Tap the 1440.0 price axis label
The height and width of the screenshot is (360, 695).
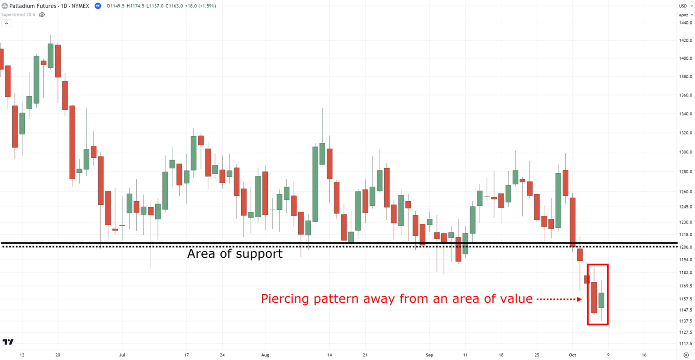click(x=685, y=23)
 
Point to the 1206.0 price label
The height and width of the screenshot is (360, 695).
click(x=685, y=247)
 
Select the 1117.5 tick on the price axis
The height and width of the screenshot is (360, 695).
click(x=685, y=344)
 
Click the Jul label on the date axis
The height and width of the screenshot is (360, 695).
click(x=122, y=355)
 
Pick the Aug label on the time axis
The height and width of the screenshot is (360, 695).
click(x=265, y=355)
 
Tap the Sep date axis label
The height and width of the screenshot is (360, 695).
click(x=429, y=355)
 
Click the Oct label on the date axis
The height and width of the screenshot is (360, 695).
click(x=572, y=355)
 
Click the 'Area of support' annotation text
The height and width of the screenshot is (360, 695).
click(x=235, y=254)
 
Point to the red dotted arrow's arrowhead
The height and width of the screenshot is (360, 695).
click(x=579, y=299)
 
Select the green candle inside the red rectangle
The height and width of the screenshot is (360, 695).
click(x=601, y=300)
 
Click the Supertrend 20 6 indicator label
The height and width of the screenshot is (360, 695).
click(x=18, y=14)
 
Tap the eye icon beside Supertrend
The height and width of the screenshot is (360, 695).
click(x=42, y=14)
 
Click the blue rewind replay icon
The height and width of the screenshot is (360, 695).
click(x=98, y=6)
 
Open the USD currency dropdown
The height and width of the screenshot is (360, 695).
click(x=685, y=6)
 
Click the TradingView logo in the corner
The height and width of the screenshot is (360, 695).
click(x=8, y=342)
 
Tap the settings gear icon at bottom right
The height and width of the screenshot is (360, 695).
click(x=686, y=355)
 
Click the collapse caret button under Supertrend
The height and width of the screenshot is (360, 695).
click(x=6, y=23)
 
